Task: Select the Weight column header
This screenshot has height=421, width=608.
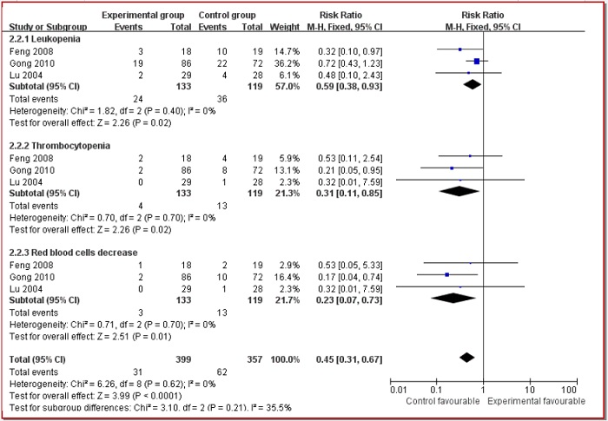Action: click(273, 26)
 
